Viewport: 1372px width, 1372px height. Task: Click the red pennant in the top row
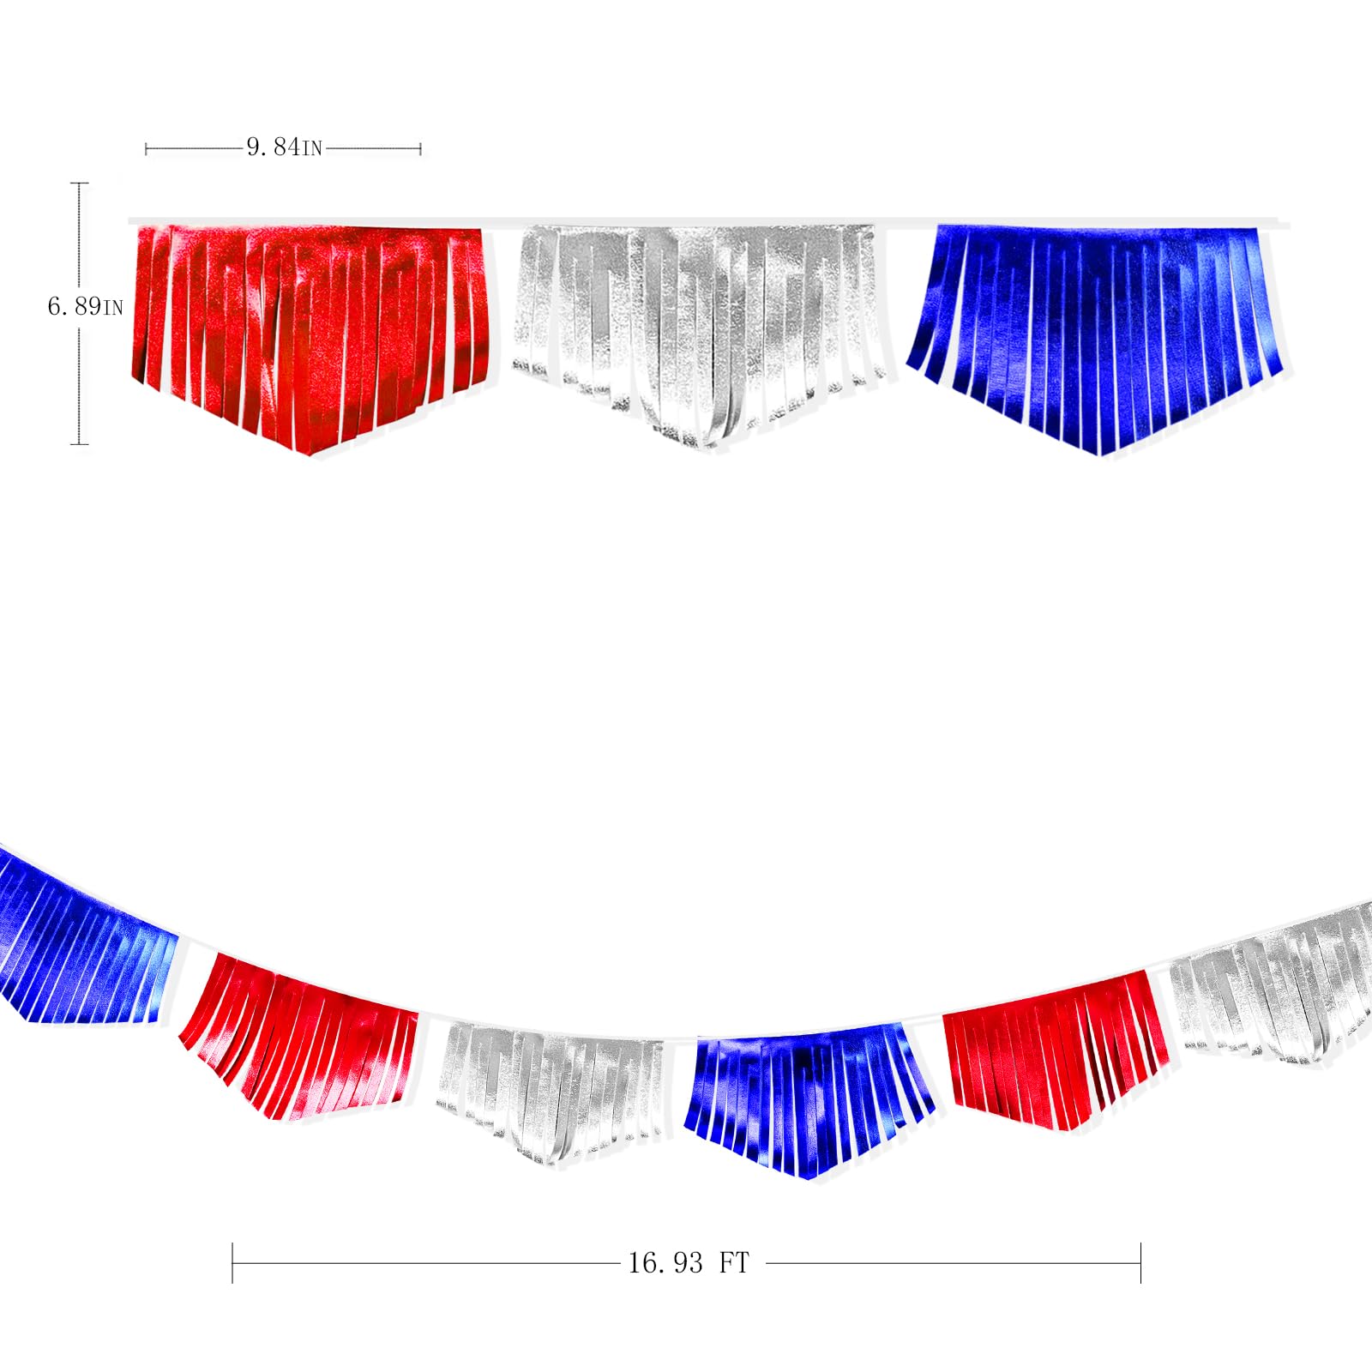pyautogui.click(x=310, y=334)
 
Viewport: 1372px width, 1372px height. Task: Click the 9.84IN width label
pyautogui.click(x=284, y=147)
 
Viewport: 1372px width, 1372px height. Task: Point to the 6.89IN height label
pyautogui.click(x=85, y=306)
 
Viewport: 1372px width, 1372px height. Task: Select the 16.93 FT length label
pyautogui.click(x=689, y=1263)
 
